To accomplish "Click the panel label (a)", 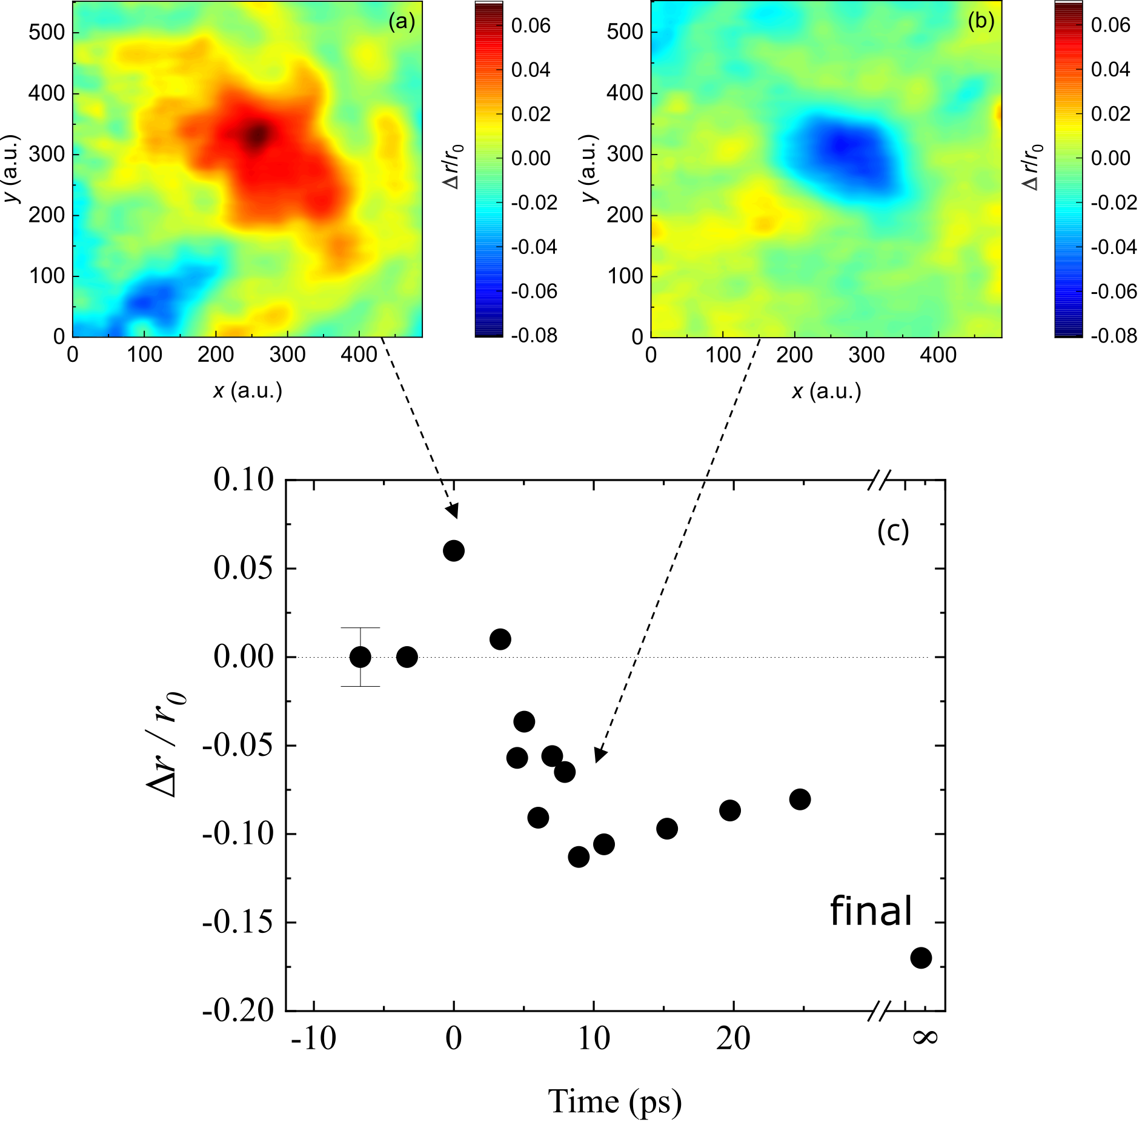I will (402, 22).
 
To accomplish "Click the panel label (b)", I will (981, 22).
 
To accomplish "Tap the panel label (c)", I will (893, 531).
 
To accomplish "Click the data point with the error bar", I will (360, 656).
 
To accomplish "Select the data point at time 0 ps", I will (454, 551).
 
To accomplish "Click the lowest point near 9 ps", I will (579, 857).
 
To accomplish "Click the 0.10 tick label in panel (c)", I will (244, 480).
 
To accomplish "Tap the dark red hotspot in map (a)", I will (258, 135).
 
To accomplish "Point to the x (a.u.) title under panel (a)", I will (248, 391).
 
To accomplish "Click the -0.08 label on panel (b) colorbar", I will (1114, 335).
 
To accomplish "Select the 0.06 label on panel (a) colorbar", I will (531, 25).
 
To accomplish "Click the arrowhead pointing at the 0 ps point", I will (453, 513).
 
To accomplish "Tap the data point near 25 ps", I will (800, 799).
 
